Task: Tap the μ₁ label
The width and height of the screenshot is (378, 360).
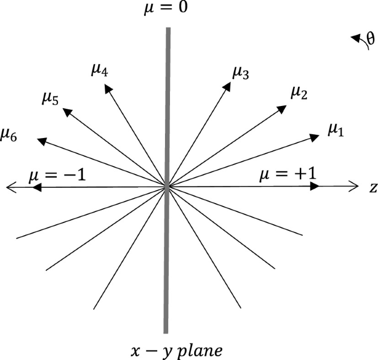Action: tap(336, 130)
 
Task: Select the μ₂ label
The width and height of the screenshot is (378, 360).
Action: tap(299, 93)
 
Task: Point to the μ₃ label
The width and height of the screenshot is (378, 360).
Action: tap(241, 72)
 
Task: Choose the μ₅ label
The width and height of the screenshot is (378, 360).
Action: tap(51, 98)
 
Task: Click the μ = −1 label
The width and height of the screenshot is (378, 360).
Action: tap(57, 176)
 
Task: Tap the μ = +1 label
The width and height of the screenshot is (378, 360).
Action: tap(288, 176)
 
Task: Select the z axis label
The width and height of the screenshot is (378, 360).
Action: tap(373, 188)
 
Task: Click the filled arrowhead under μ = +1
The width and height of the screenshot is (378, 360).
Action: tap(315, 187)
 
